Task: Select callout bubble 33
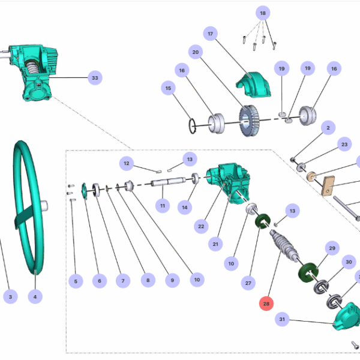(x=94, y=77)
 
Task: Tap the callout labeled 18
(x=262, y=13)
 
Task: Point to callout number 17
(x=210, y=34)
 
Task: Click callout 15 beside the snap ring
(x=169, y=89)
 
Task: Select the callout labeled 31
(x=282, y=320)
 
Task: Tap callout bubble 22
(x=201, y=226)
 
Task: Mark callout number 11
(x=162, y=206)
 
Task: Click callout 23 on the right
(x=344, y=145)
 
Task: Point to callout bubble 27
(x=248, y=282)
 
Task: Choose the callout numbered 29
(x=331, y=248)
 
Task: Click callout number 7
(x=122, y=280)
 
